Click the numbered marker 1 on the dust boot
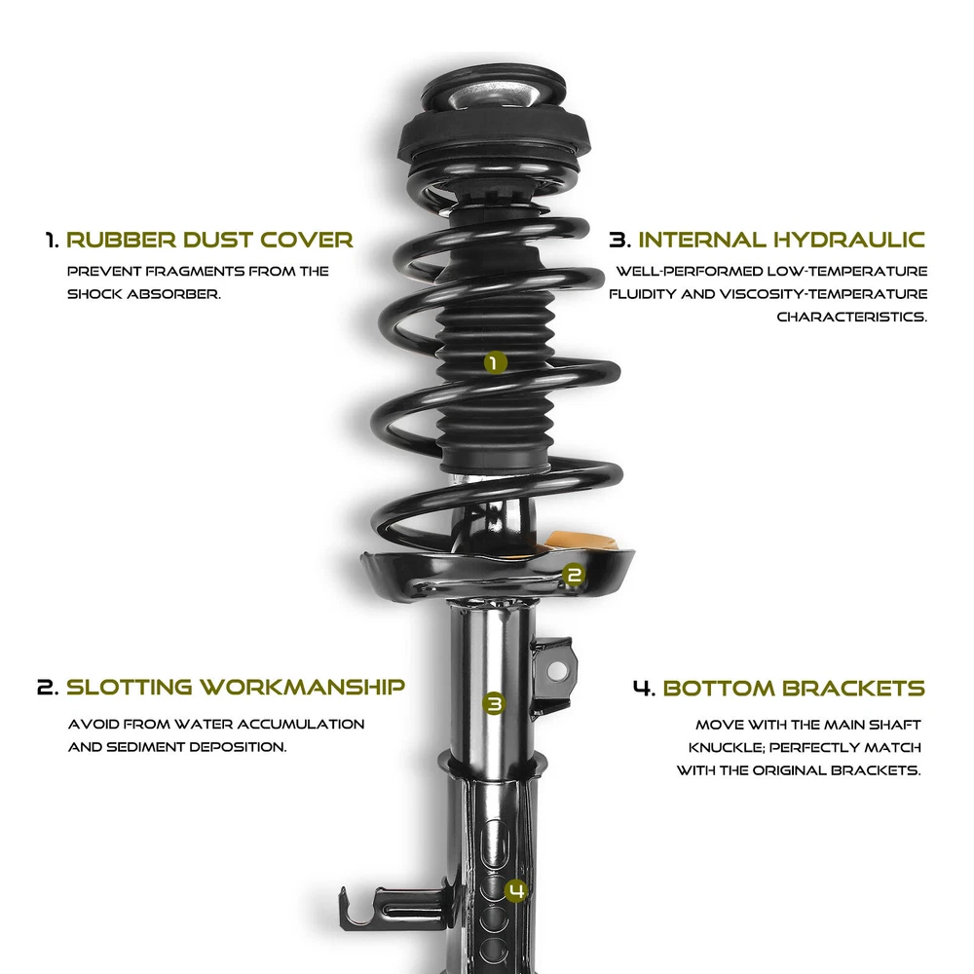tap(495, 362)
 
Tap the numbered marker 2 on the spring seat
tap(574, 576)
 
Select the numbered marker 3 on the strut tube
tap(494, 704)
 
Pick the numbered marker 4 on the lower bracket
tap(516, 891)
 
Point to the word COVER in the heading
tap(306, 240)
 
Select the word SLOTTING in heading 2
tap(130, 687)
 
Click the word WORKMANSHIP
tap(303, 687)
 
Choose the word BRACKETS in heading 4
tap(853, 689)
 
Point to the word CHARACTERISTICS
tap(851, 317)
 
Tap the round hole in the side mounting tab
tap(557, 671)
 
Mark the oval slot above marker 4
tap(495, 842)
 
